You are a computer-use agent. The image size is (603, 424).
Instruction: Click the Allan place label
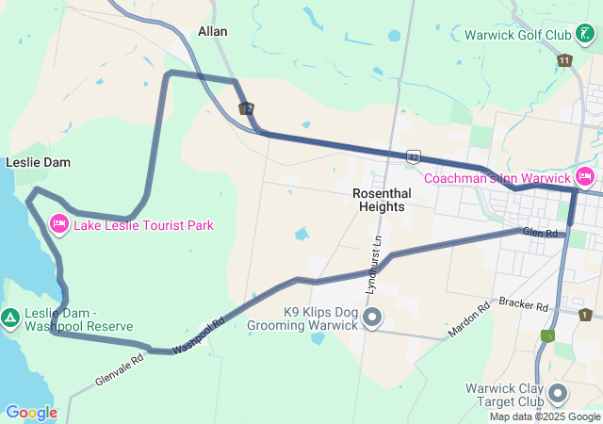(212, 31)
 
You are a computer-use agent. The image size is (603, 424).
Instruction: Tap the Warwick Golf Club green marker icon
(585, 35)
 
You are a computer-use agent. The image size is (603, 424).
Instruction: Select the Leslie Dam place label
(38, 162)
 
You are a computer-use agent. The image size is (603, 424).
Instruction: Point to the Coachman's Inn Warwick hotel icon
(584, 177)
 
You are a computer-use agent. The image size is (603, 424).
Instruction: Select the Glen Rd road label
(540, 233)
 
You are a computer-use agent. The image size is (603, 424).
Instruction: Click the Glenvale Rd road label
(119, 369)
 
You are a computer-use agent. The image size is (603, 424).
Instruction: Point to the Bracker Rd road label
(525, 305)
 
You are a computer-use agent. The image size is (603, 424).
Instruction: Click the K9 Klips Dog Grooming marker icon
(372, 317)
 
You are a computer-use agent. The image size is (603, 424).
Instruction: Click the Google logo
(31, 412)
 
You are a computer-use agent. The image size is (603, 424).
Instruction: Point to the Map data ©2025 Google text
(545, 416)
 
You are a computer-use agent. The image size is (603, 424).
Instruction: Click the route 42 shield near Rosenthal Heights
(414, 155)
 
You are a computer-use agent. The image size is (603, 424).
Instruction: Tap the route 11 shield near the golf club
(564, 60)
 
